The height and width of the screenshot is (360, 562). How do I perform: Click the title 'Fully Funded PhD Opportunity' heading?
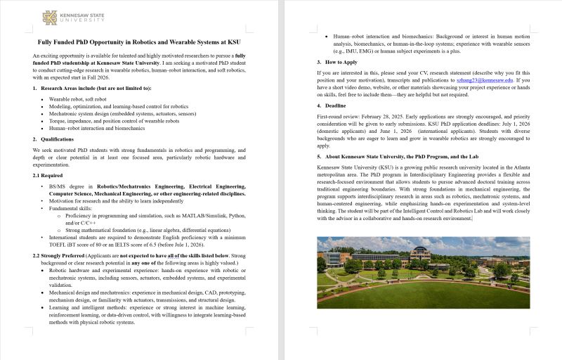pos(138,42)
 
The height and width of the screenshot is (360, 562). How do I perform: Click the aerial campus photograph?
pos(423,271)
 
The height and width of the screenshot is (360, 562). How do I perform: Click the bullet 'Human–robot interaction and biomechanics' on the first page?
pos(96,128)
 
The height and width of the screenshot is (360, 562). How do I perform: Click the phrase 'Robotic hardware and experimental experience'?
pos(112,270)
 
